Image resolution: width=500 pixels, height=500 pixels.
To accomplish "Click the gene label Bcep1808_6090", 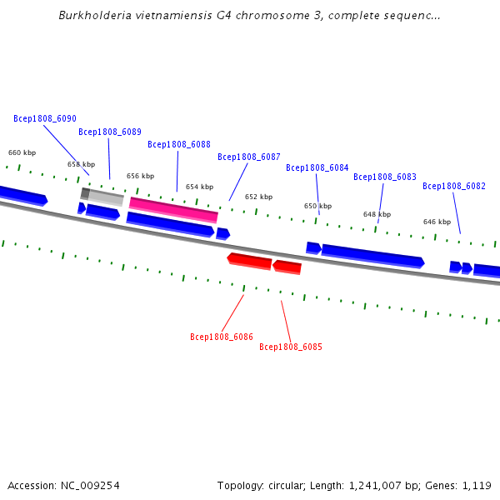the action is pos(45,118).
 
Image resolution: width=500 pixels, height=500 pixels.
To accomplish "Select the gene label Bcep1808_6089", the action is pos(110,132).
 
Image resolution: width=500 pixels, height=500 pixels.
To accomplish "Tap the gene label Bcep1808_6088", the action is pos(179,144).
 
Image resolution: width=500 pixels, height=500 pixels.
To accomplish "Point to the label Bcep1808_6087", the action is pos(249,157).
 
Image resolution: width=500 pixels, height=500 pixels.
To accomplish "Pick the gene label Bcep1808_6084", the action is pos(317,167).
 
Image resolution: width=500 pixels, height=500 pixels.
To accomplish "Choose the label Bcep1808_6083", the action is pos(385,177).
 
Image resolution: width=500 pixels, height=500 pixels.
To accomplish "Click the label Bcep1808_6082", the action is pos(454,186).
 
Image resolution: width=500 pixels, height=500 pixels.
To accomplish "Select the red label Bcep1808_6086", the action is pos(222,337).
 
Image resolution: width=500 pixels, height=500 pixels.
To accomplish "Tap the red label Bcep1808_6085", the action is pos(291,347).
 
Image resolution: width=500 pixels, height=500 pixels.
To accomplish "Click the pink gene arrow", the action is pos(173,210).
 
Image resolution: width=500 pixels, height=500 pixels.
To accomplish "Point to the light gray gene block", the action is pos(106,197).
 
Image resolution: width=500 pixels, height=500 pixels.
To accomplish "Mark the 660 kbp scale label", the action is pos(22,152).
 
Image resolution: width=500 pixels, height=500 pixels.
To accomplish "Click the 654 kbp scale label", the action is pos(200,187).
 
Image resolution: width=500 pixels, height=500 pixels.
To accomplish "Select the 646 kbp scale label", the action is pos(437,222).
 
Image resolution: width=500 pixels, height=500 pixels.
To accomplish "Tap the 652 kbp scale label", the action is pos(258,197).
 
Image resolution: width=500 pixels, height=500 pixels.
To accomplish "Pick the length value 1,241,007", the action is pos(375,486).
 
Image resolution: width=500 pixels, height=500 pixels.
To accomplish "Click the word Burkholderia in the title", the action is pos(95,15).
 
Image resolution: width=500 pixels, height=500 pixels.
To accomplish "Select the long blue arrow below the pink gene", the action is pos(170,225).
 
